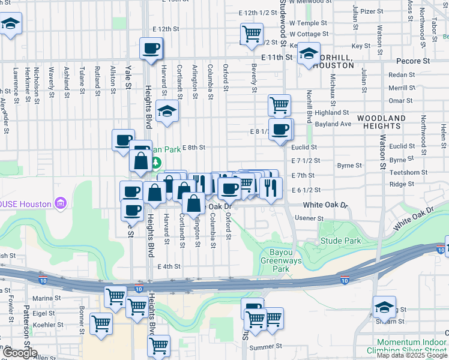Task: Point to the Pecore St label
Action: tap(414, 61)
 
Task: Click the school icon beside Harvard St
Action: tap(167, 111)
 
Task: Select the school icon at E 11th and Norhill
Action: tap(308, 54)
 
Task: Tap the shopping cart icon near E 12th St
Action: tap(252, 32)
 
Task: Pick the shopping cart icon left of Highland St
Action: tap(280, 105)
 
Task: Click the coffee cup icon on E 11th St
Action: tap(151, 47)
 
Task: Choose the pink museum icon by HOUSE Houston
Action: tap(60, 204)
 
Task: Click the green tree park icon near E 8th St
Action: tap(156, 162)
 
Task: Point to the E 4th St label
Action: tap(169, 266)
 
